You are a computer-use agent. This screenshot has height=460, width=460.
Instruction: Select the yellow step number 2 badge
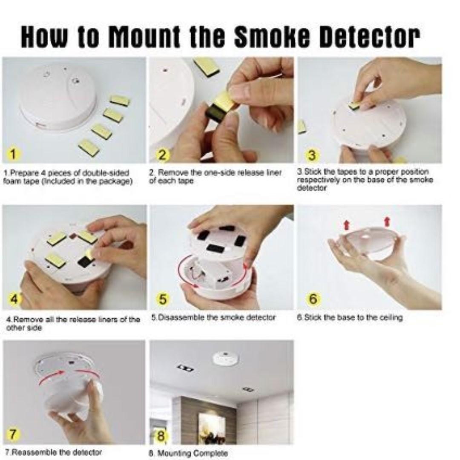162,155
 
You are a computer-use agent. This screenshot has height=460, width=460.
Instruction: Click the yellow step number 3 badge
312,155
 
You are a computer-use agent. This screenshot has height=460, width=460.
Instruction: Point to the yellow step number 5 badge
162,299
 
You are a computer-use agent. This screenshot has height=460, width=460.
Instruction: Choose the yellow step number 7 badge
14,434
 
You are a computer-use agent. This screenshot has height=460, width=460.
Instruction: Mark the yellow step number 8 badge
162,436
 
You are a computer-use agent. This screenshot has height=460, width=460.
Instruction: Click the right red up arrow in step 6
387,221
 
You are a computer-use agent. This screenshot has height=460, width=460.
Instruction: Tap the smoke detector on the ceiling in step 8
225,357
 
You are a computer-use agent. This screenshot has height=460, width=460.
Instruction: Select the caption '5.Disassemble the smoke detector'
213,317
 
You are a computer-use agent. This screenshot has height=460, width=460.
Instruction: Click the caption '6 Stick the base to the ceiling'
349,317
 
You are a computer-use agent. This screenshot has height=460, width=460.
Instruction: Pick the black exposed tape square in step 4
84,263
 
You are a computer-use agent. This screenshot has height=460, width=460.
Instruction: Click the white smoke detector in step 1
57,98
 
